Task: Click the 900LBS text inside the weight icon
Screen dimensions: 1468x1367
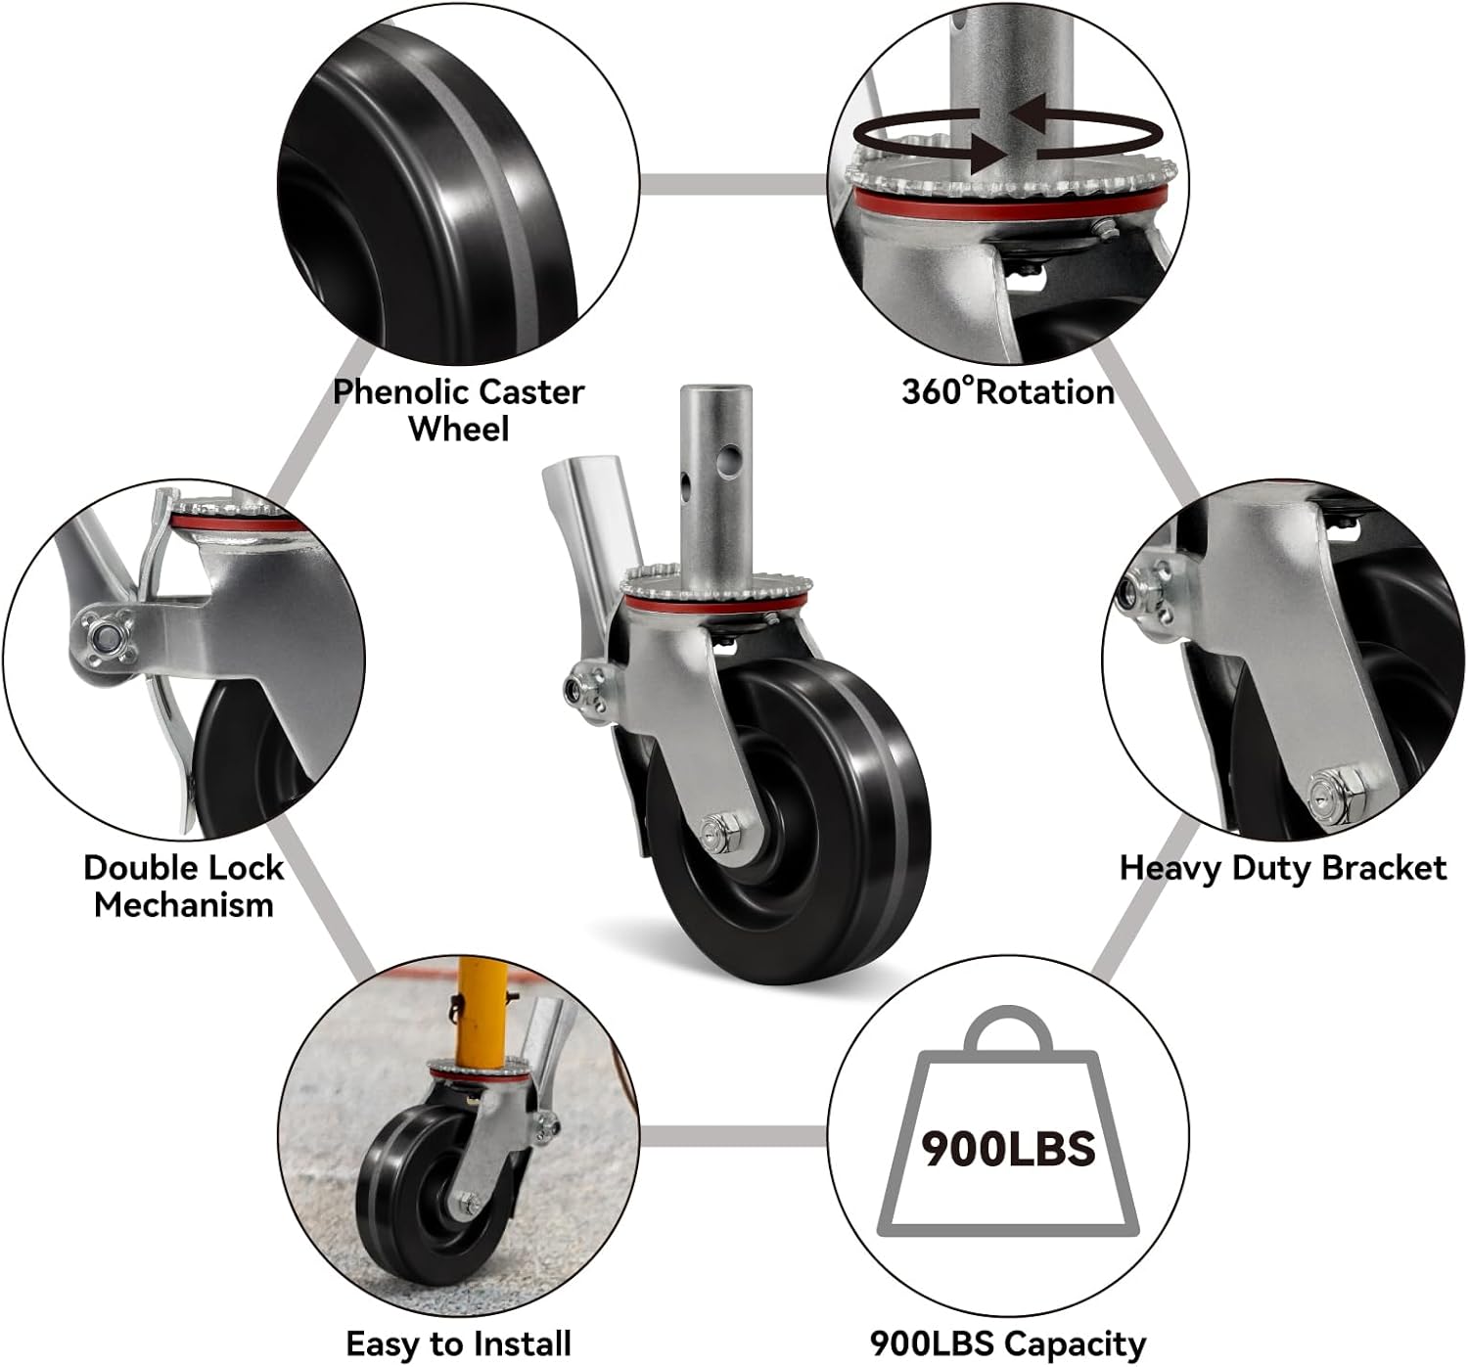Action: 1008,1150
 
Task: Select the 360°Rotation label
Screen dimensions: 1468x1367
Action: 1007,391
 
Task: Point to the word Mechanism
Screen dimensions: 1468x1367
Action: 183,904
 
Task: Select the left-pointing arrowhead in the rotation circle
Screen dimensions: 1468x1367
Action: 1028,114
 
